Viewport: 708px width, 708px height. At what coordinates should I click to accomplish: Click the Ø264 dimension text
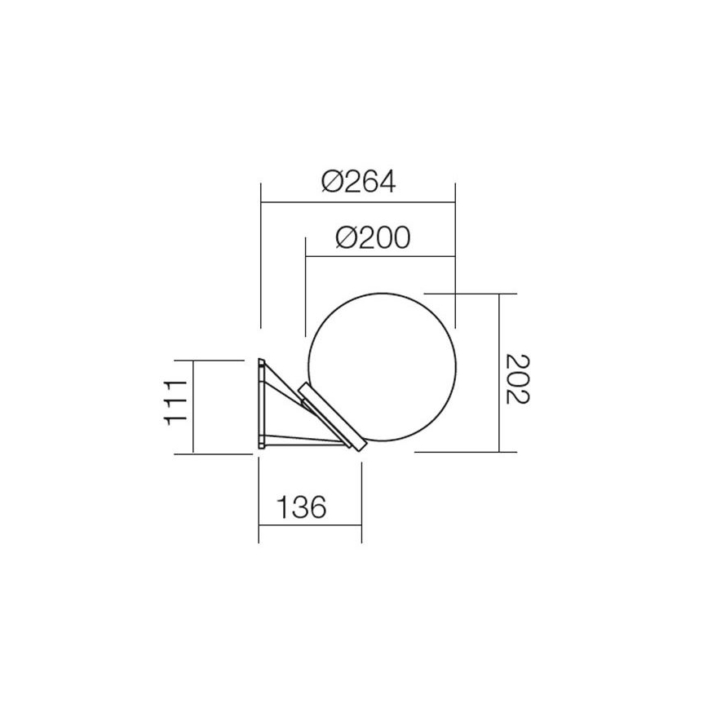(358, 181)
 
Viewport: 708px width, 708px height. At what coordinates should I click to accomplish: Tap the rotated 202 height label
(517, 378)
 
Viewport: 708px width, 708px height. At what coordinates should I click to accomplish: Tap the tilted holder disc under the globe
(330, 417)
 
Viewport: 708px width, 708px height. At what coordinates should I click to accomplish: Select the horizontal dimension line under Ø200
(379, 257)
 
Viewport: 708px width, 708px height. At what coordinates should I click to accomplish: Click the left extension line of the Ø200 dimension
(304, 285)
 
